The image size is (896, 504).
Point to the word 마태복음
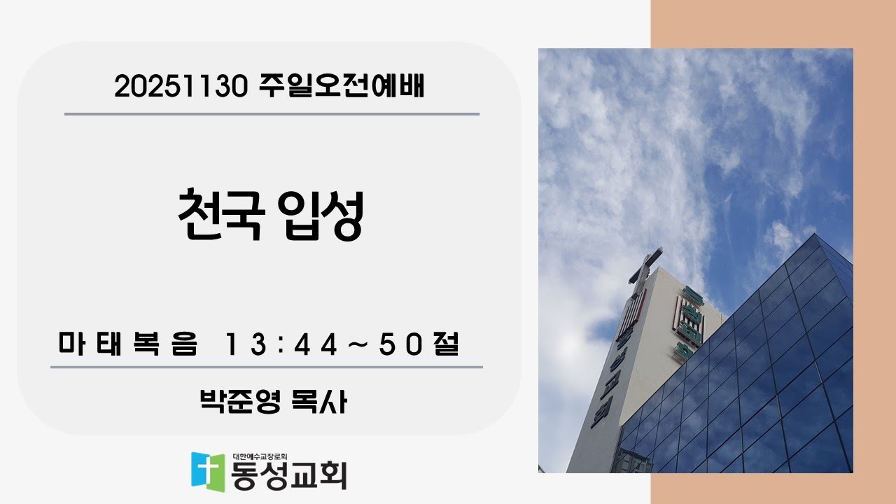click(128, 345)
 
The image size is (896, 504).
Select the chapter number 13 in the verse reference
click(239, 345)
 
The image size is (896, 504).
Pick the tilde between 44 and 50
click(358, 345)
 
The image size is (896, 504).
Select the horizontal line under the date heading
click(272, 113)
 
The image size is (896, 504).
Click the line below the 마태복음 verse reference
click(266, 366)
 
